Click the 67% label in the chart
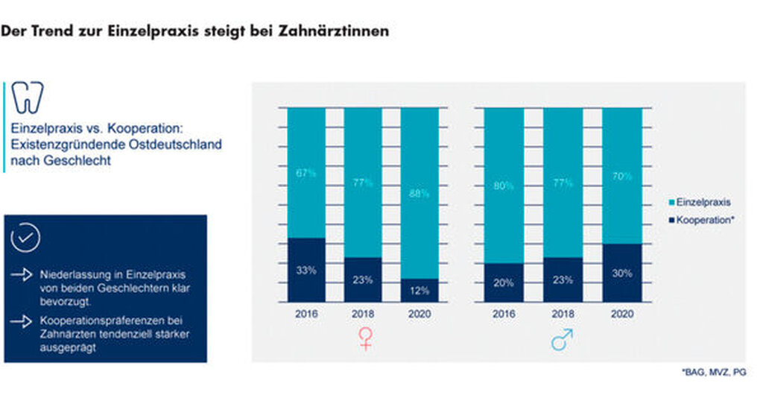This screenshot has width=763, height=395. coord(306,173)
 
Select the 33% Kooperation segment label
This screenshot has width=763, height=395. coord(306,271)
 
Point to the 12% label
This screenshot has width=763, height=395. coord(419,290)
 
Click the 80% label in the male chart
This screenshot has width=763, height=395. coord(503,186)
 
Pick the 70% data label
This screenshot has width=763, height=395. coord(621,176)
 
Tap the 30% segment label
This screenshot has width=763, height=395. coord(621,273)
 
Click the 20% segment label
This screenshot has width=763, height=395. coord(503,282)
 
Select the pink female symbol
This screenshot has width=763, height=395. coord(365,340)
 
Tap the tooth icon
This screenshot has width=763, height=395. coord(28,98)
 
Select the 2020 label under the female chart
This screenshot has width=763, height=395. coord(419,315)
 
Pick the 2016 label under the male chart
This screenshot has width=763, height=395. coord(503,315)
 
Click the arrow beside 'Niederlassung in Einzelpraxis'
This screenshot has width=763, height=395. coord(22,275)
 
